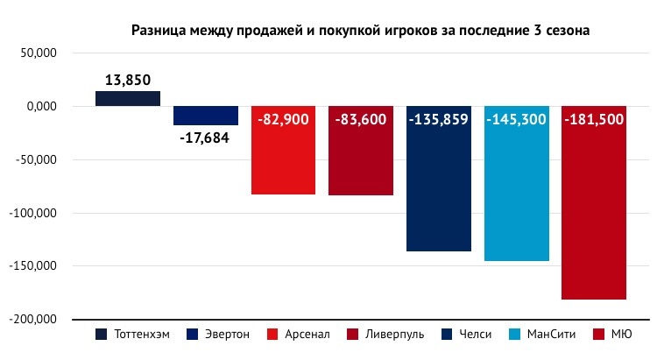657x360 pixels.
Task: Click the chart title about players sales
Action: tap(360, 31)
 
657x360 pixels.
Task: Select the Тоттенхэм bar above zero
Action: tap(128, 98)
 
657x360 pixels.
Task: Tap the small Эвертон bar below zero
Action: tap(206, 116)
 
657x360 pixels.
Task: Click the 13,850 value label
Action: tap(128, 80)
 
